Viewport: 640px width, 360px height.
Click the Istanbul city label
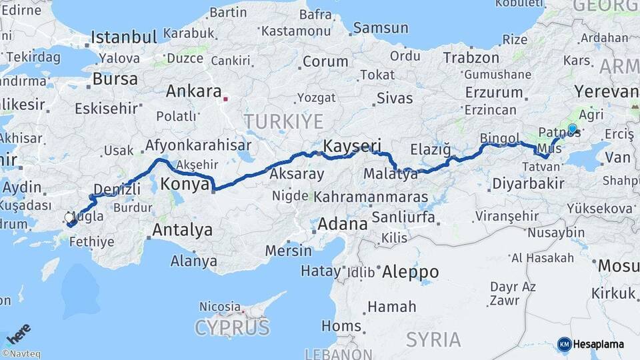point(123,37)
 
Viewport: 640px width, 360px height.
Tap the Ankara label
point(193,92)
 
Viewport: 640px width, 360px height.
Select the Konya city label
point(185,185)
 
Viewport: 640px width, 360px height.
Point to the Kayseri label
point(352,145)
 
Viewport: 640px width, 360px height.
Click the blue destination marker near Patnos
point(572,128)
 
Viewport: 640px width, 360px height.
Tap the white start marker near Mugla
point(69,218)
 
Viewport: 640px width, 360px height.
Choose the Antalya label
point(183,231)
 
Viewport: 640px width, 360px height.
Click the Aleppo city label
point(410,272)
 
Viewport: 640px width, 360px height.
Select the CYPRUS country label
point(232,327)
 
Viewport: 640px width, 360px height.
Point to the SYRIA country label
point(433,339)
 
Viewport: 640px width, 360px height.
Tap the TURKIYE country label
point(283,121)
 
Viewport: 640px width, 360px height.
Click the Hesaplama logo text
point(599,344)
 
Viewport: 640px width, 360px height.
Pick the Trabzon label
point(471,58)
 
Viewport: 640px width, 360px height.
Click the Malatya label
point(391,175)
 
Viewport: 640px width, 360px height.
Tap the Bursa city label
point(115,79)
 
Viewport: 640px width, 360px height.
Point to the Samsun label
point(381,28)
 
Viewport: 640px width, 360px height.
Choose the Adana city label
point(342,224)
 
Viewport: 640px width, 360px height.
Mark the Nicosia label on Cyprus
point(220,307)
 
